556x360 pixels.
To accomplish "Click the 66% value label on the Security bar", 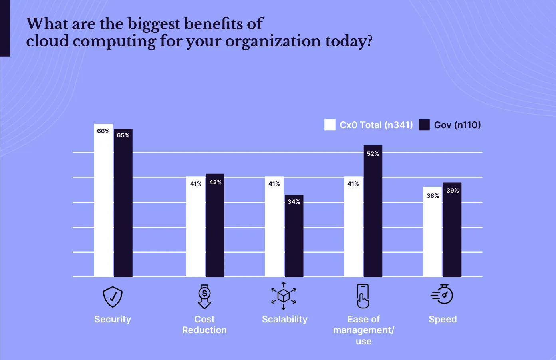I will [103, 131].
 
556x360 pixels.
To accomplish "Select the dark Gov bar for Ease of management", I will [373, 216].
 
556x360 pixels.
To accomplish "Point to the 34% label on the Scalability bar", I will [294, 202].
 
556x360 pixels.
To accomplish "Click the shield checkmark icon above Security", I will [113, 297].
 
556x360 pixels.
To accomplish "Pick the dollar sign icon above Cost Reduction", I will [205, 296].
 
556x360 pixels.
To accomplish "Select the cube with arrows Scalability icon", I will [284, 296].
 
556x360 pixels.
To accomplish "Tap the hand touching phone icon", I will [363, 296].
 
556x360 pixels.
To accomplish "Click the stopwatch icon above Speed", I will [443, 295].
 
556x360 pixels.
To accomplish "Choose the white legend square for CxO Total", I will [330, 125].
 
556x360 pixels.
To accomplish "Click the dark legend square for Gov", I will [424, 125].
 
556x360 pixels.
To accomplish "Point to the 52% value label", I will [373, 154].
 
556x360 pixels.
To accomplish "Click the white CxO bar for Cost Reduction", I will [196, 232].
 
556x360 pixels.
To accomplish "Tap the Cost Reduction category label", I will [205, 325].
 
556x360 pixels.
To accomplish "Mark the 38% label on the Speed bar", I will [433, 196].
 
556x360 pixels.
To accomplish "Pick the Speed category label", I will [443, 319].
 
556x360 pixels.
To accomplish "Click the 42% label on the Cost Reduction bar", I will [215, 182].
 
